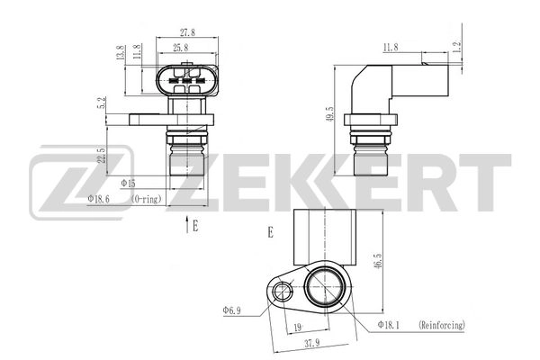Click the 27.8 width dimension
click(x=186, y=32)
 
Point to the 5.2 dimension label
click(x=104, y=104)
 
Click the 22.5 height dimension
click(x=104, y=156)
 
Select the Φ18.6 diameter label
click(x=101, y=198)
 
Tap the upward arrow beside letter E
click(x=185, y=225)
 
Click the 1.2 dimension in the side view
click(x=457, y=45)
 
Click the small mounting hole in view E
click(x=283, y=290)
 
